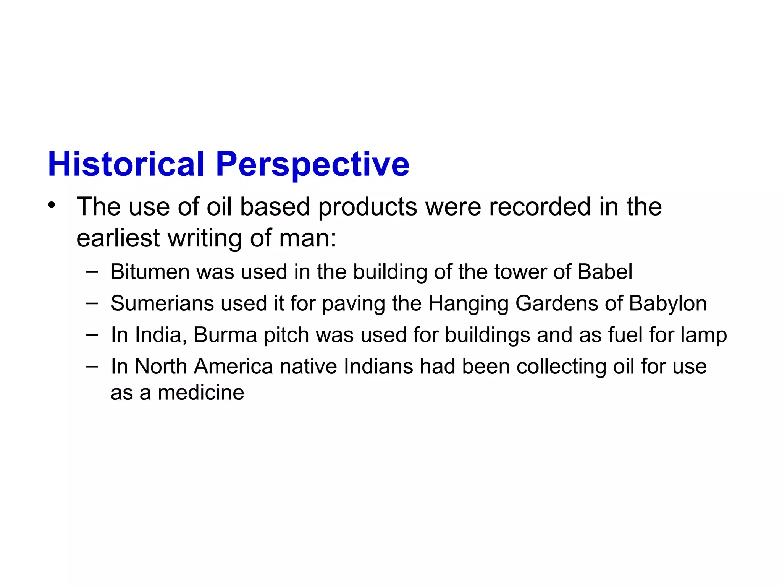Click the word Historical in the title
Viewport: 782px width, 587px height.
click(126, 164)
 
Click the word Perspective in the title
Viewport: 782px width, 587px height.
click(312, 165)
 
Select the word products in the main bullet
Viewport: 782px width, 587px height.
click(368, 208)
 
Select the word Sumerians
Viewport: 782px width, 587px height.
click(162, 303)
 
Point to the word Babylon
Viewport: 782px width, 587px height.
click(668, 304)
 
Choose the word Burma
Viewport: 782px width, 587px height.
click(225, 335)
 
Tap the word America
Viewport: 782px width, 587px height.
click(233, 366)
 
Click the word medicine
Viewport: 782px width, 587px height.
click(201, 393)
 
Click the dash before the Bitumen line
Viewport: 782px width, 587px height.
click(92, 272)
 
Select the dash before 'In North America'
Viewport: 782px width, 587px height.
click(92, 366)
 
